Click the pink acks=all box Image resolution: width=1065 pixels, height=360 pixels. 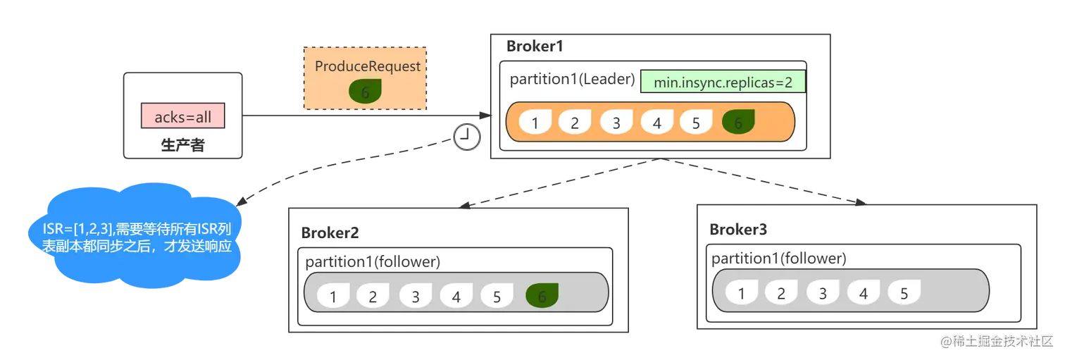pyautogui.click(x=182, y=116)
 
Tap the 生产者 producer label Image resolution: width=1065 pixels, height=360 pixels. pyautogui.click(x=182, y=144)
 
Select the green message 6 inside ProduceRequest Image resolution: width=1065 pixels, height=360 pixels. pyautogui.click(x=365, y=91)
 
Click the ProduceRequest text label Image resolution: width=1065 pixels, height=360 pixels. pyautogui.click(x=368, y=66)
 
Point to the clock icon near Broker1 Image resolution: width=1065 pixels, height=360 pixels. pyautogui.click(x=467, y=137)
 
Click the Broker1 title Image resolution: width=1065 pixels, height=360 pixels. pyautogui.click(x=535, y=46)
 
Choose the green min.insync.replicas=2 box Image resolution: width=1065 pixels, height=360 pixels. pyautogui.click(x=723, y=82)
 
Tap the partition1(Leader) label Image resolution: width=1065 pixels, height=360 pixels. pyautogui.click(x=572, y=79)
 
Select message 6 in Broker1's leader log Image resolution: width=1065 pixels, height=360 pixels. pyautogui.click(x=738, y=122)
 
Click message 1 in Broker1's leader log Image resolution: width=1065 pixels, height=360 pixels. pyautogui.click(x=535, y=122)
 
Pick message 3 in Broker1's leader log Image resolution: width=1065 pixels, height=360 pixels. pyautogui.click(x=616, y=122)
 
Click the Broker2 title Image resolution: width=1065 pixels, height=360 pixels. pyautogui.click(x=330, y=233)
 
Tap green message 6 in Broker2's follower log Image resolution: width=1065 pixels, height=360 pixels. pyautogui.click(x=542, y=295)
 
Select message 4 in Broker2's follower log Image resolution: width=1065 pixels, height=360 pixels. pyautogui.click(x=456, y=295)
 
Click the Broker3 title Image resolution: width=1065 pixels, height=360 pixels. pyautogui.click(x=738, y=230)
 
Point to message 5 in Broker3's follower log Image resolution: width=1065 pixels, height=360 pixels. pyautogui.click(x=904, y=292)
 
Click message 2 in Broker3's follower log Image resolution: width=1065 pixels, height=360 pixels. pyautogui.click(x=781, y=292)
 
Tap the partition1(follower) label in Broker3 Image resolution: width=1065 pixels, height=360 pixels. pyautogui.click(x=779, y=259)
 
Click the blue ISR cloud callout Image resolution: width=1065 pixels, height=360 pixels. pyautogui.click(x=135, y=236)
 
